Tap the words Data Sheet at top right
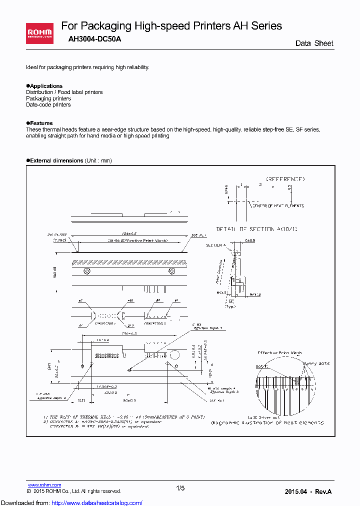pos(314,43)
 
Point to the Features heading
pos(40,123)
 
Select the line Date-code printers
pos(48,104)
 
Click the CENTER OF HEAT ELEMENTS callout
pos(277,205)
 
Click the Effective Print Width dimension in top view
pos(131,240)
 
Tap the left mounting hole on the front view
pos(86,271)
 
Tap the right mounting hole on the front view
pos(171,271)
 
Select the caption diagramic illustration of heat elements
pos(267,422)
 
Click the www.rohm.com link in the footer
pos(44,485)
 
